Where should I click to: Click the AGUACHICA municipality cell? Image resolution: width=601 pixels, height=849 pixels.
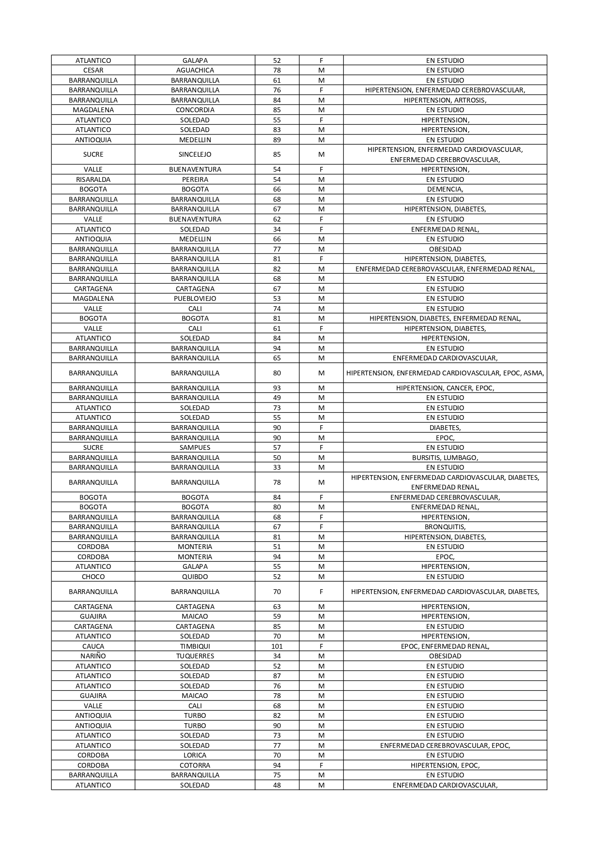pos(195,70)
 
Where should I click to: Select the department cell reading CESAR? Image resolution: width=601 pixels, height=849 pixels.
pos(93,70)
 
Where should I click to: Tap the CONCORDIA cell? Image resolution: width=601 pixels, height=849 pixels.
pos(195,110)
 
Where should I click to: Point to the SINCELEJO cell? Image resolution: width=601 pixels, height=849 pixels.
pos(195,154)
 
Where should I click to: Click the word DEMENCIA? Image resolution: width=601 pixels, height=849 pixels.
pos(445,189)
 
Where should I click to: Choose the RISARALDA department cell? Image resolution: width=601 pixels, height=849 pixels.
pos(93,179)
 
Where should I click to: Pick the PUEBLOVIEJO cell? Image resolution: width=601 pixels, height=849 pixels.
pos(195,298)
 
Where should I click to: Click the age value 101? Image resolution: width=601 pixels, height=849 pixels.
pos(277,646)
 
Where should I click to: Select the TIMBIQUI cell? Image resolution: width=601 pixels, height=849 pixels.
pos(195,646)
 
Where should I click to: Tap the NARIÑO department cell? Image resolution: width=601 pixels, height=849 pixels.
pos(93,656)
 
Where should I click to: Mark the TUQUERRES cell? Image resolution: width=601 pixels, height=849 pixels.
pos(195,656)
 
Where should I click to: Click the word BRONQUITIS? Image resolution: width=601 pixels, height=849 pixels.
pos(445,527)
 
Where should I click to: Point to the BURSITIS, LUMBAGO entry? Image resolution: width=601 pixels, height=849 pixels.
pos(445,458)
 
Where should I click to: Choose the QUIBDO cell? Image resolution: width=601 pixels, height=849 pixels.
pos(195,577)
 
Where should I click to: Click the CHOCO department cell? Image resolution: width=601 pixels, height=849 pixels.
pos(93,577)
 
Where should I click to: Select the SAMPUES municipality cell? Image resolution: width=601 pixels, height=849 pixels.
pos(195,447)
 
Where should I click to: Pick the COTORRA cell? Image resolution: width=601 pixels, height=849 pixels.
pos(195,765)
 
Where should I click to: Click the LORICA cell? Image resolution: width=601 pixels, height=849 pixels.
pos(195,755)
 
